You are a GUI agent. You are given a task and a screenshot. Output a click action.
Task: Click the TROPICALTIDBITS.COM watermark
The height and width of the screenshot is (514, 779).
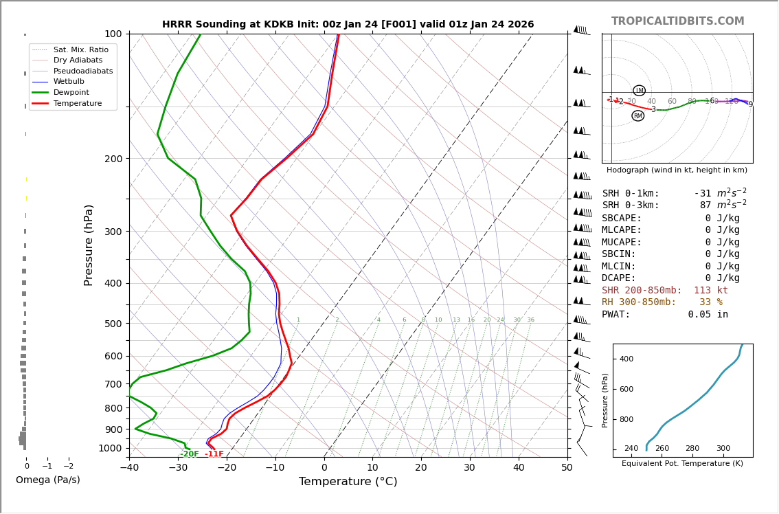(x=677, y=21)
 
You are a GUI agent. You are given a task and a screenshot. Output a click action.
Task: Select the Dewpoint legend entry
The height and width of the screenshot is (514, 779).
(x=71, y=92)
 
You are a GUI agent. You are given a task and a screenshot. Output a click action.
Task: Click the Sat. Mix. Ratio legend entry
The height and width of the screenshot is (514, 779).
(x=80, y=49)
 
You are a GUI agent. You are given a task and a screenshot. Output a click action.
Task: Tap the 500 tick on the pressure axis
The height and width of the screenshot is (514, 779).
(x=113, y=324)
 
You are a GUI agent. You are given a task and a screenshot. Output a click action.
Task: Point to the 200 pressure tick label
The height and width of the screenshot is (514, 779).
(x=113, y=159)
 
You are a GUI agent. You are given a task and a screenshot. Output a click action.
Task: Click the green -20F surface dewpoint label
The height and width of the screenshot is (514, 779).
(x=190, y=454)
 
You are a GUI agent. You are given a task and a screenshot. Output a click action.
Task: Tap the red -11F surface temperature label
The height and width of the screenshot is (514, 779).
(x=214, y=454)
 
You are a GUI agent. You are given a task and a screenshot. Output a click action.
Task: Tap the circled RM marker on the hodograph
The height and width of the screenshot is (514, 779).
(x=638, y=116)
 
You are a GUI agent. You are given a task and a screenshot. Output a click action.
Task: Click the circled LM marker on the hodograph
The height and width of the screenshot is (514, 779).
(x=639, y=91)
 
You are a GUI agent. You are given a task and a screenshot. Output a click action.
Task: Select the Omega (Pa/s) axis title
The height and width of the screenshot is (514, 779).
(x=48, y=480)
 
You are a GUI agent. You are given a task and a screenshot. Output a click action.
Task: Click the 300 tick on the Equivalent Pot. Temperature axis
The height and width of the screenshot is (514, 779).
(x=723, y=449)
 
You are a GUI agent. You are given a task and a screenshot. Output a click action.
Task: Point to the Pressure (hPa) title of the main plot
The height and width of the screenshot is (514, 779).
(x=89, y=245)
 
